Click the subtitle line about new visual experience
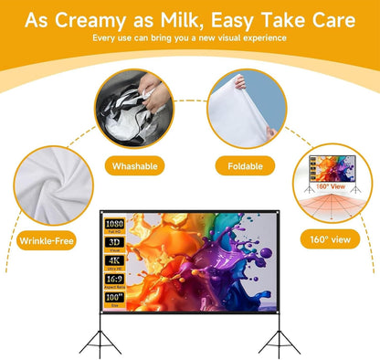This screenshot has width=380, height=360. (x=189, y=38)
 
